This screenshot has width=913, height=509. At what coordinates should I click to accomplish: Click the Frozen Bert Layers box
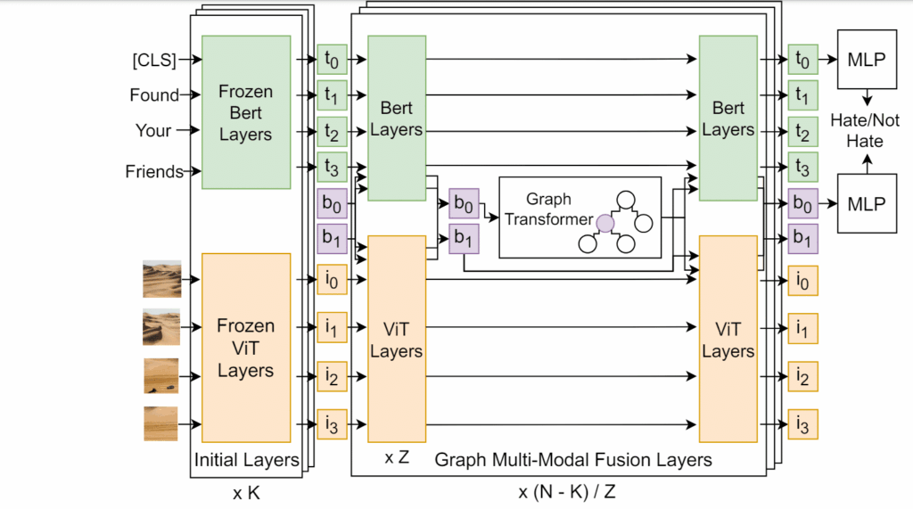pyautogui.click(x=245, y=112)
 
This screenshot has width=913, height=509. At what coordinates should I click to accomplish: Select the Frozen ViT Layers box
pyautogui.click(x=245, y=348)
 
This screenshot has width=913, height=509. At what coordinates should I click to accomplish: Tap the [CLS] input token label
pyautogui.click(x=152, y=60)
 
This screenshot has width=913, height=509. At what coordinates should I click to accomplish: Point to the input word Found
pyautogui.click(x=153, y=94)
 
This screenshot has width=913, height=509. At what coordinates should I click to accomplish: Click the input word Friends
pyautogui.click(x=153, y=171)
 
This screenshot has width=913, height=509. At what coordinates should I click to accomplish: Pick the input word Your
pyautogui.click(x=153, y=130)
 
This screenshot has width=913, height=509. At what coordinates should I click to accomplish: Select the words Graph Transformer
pyautogui.click(x=547, y=209)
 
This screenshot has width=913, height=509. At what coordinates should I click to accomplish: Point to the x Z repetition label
pyautogui.click(x=397, y=458)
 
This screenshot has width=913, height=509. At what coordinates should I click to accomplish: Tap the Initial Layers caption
pyautogui.click(x=246, y=460)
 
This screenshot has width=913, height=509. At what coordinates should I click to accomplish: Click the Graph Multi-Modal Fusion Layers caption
pyautogui.click(x=572, y=460)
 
